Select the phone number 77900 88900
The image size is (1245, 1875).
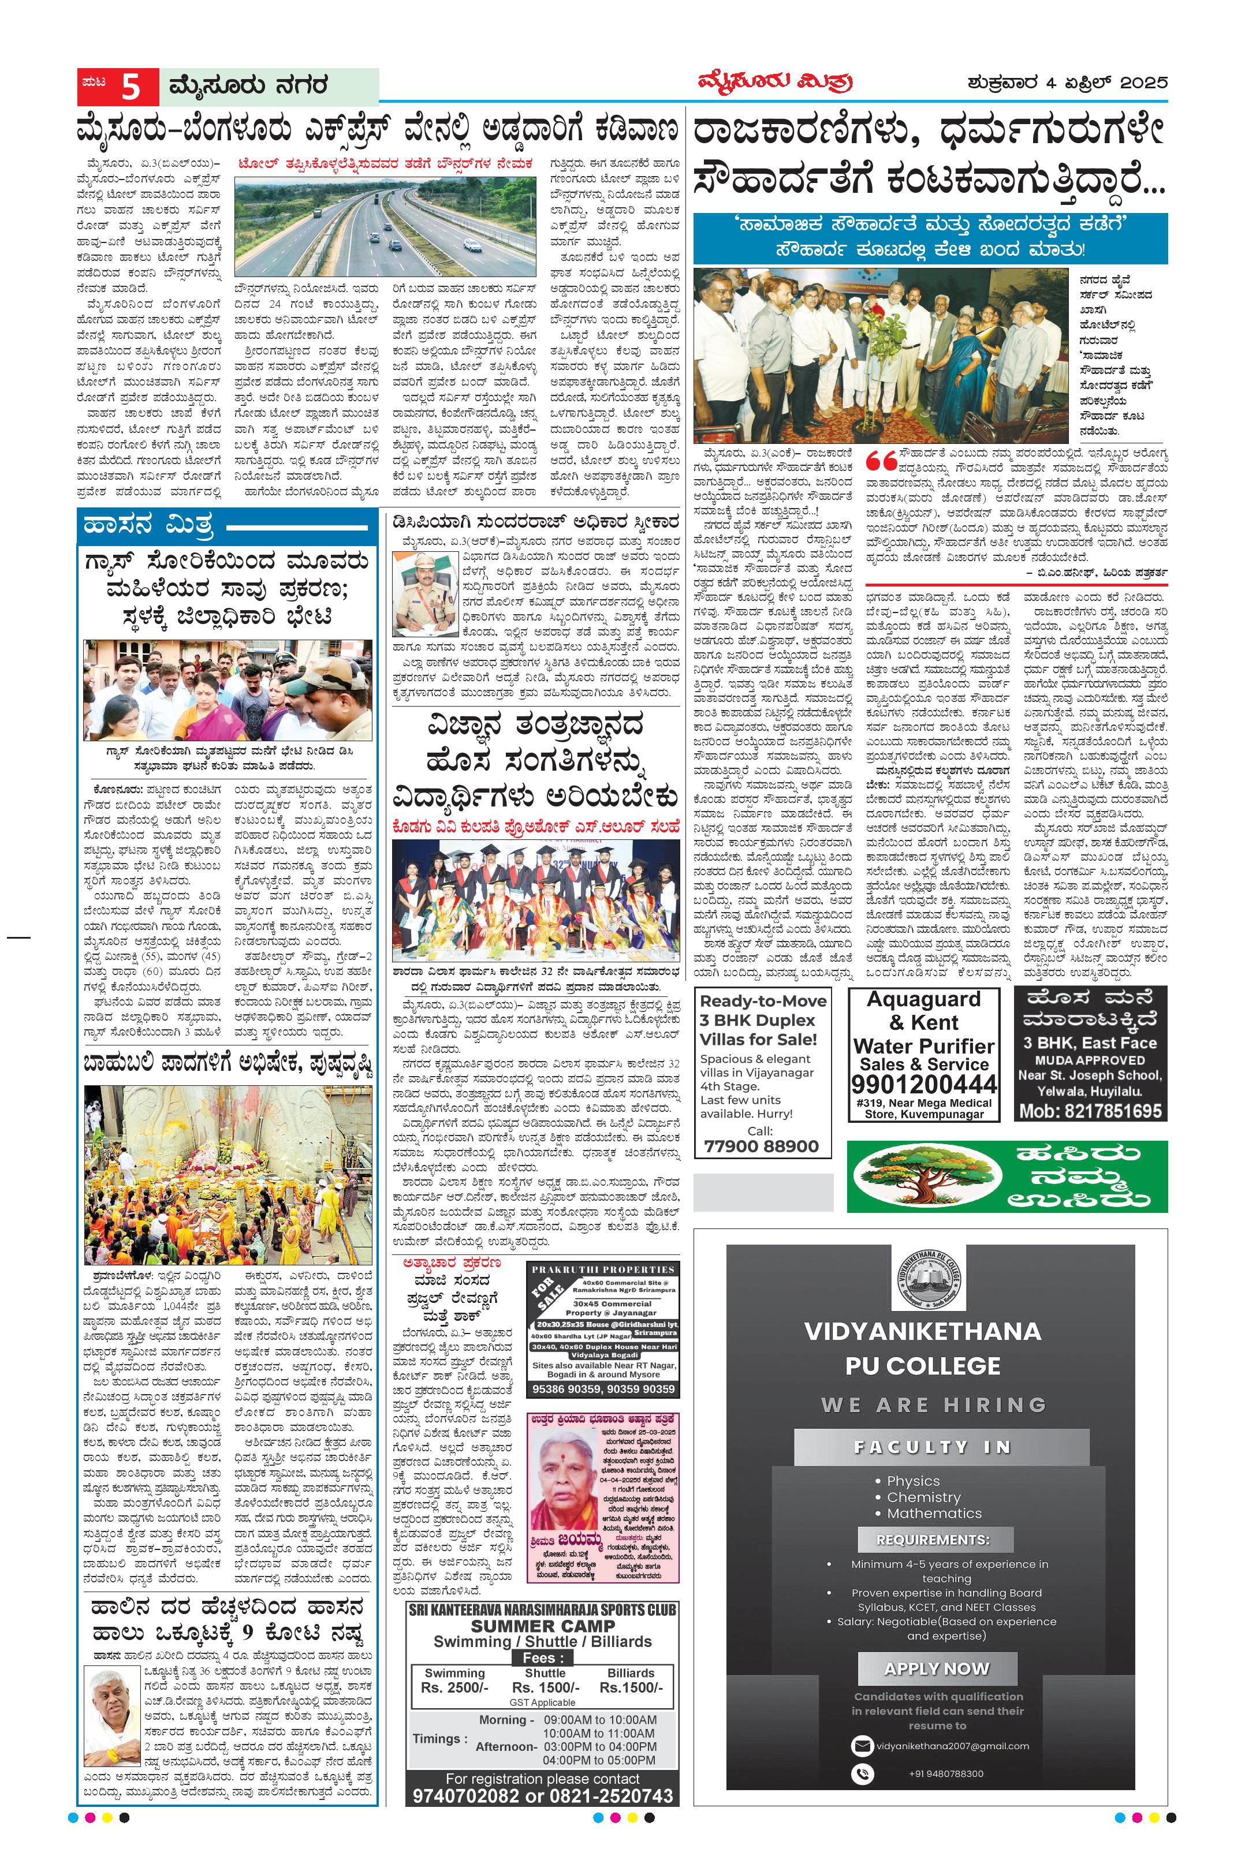761,1145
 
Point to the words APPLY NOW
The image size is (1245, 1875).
937,1646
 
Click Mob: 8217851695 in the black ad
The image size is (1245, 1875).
1091,1111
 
